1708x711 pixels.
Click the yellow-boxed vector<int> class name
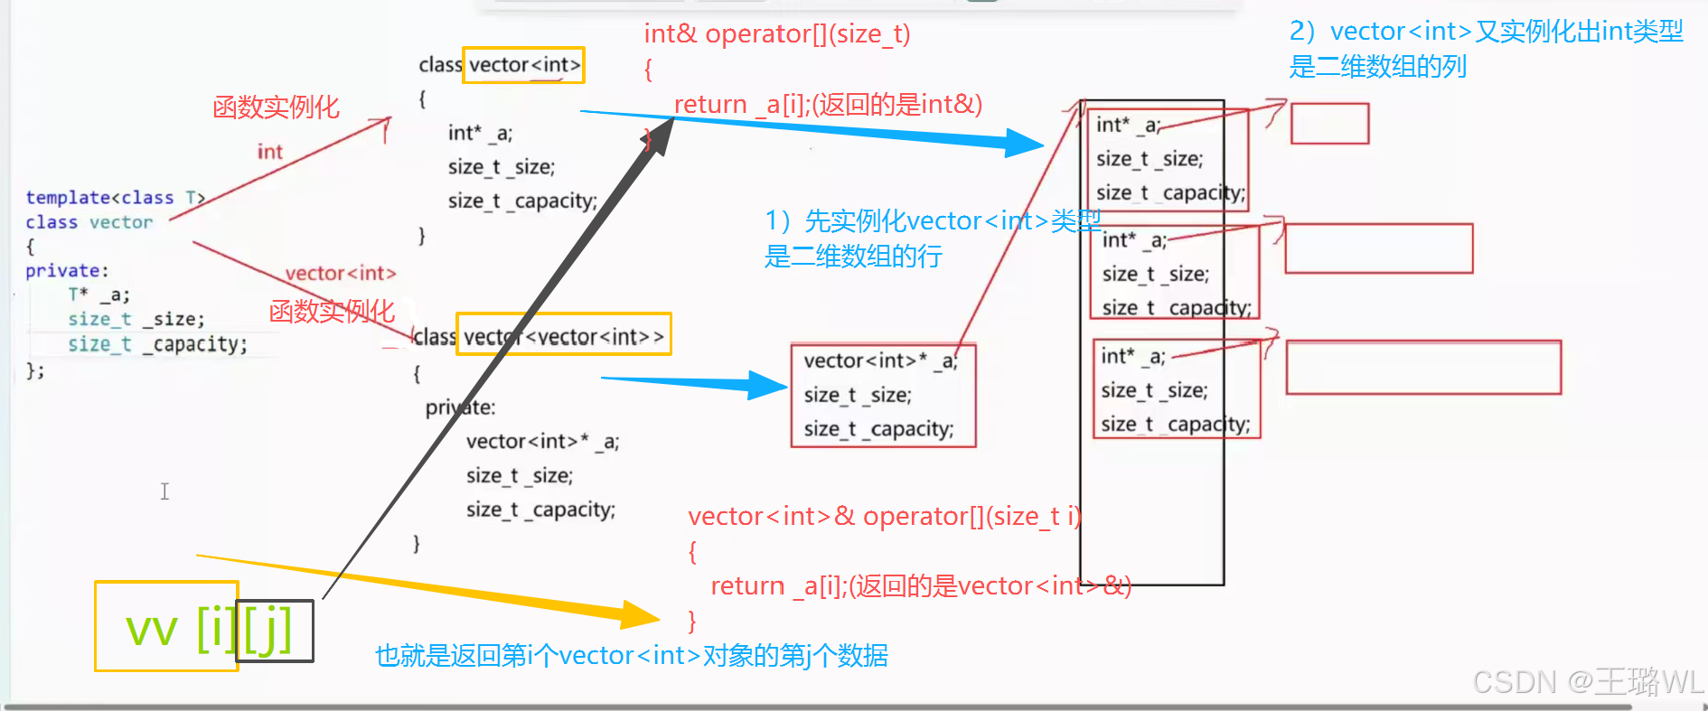click(x=523, y=65)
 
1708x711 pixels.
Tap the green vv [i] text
click(x=181, y=629)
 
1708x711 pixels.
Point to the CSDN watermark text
click(x=1587, y=682)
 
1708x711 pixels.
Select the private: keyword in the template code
click(x=66, y=271)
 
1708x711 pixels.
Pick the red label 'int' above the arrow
click(x=269, y=152)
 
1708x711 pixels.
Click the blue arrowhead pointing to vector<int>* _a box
click(x=768, y=385)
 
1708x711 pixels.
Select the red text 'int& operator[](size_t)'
click(x=776, y=34)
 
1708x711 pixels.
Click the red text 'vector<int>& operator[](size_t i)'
click(x=883, y=516)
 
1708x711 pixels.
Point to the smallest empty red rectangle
click(x=1329, y=124)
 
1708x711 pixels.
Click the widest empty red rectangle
click(x=1423, y=367)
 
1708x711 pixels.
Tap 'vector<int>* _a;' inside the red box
click(x=879, y=360)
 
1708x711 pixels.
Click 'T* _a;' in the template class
click(x=99, y=295)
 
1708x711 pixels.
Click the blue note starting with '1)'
click(x=931, y=239)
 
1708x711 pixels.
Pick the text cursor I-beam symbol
click(x=164, y=491)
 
